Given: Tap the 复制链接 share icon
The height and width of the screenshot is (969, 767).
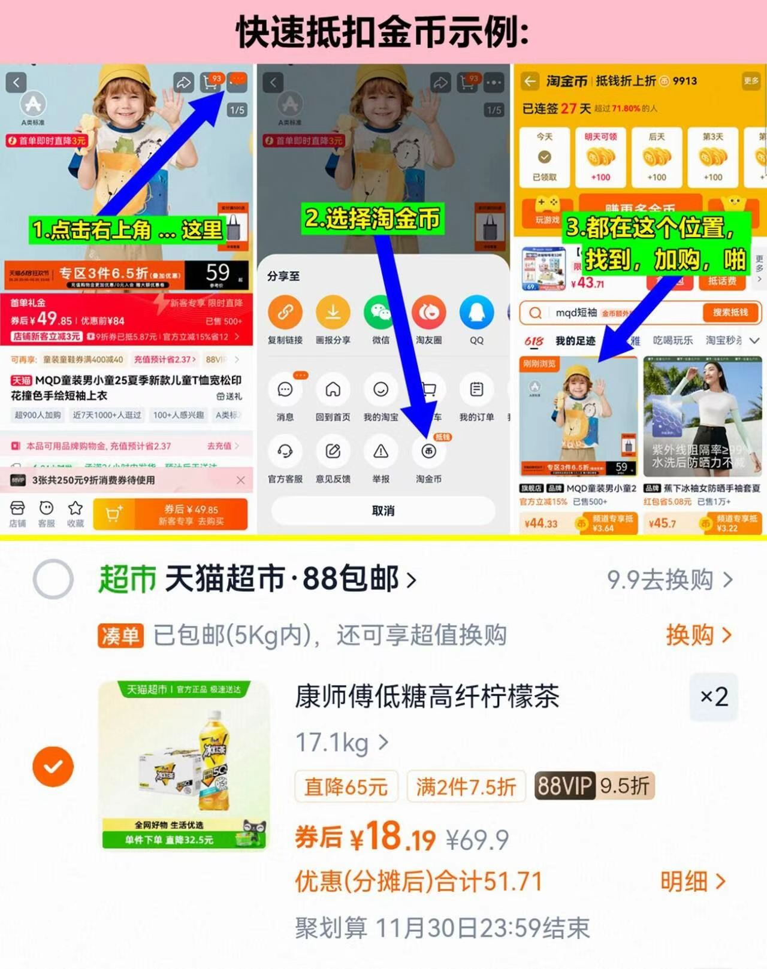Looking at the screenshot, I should coord(285,313).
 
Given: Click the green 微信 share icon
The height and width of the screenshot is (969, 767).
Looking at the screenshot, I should coord(381,313).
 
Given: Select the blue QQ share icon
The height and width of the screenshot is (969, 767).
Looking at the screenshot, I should coord(476,313).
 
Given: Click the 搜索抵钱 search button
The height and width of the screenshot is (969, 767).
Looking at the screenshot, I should coord(730,312).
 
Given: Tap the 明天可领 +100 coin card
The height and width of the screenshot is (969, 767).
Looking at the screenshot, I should coord(600,157).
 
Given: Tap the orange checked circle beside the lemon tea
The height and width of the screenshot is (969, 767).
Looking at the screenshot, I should coord(53,766).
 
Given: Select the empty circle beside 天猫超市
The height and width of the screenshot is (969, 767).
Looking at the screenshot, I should coord(53,579).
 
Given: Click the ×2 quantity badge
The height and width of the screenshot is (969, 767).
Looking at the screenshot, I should coord(714,697).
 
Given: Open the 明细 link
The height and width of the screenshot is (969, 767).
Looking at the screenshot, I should coord(693,881).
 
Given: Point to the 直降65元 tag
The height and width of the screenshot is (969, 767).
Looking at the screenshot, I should coord(346,786).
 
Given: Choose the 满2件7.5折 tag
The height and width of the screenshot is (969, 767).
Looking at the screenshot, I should coord(466,786).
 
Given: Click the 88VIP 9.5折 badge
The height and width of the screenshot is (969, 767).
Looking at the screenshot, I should coord(594,786).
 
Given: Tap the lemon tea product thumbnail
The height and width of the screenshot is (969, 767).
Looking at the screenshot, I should coord(184,765).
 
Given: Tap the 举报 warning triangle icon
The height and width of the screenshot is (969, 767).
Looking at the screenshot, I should coord(381,452).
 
